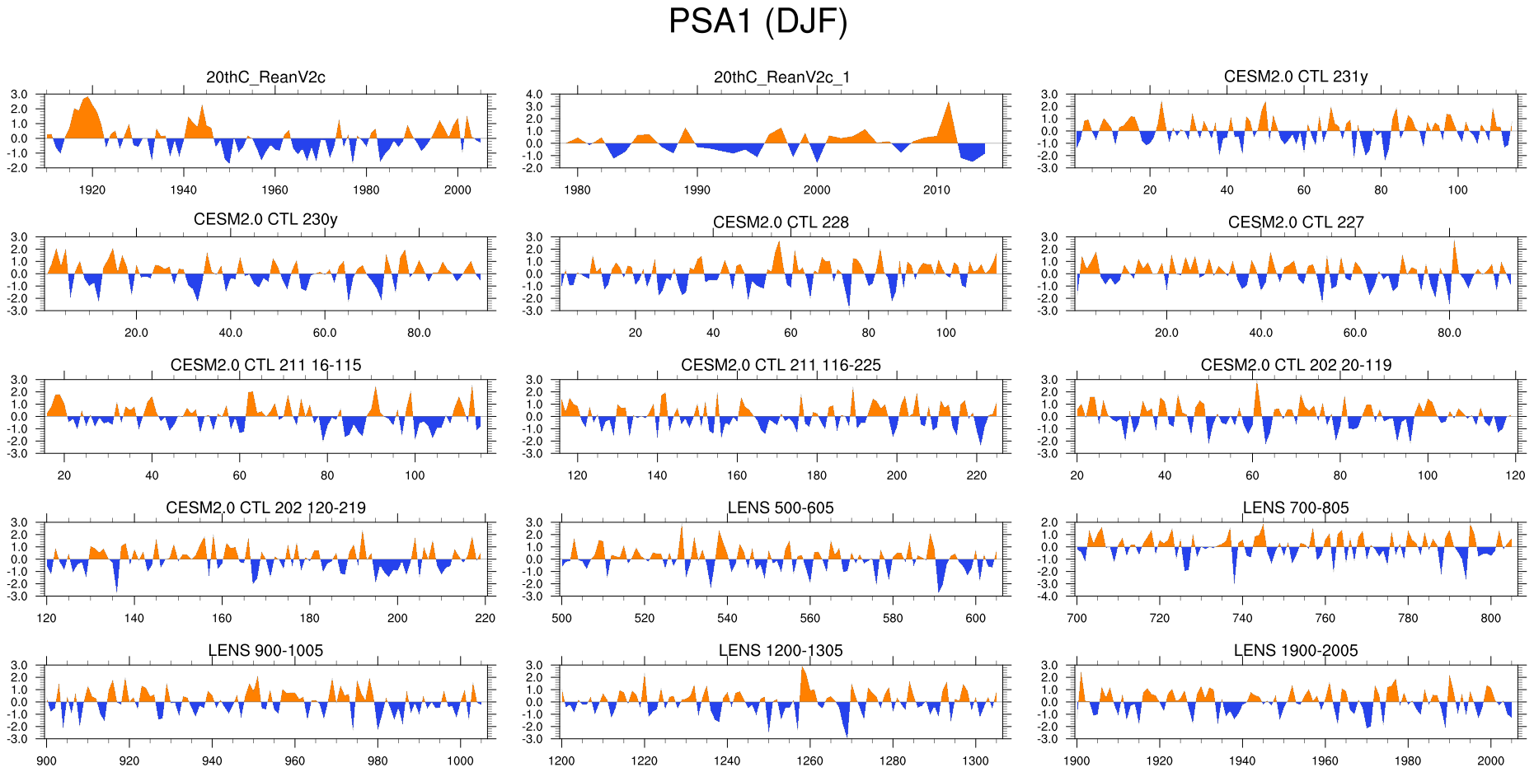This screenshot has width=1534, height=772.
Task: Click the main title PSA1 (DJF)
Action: tap(758, 21)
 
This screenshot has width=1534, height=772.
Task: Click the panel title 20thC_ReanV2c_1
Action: tap(781, 77)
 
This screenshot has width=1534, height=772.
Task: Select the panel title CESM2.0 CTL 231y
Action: tap(1295, 77)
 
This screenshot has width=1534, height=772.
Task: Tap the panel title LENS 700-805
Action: tap(1295, 508)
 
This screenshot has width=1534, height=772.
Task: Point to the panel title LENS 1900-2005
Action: tap(1295, 650)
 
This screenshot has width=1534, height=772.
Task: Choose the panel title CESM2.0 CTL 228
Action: tap(781, 222)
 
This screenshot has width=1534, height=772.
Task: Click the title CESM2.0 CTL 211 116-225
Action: tap(781, 365)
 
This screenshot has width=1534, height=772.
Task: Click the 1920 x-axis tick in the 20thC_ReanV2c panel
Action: tap(92, 189)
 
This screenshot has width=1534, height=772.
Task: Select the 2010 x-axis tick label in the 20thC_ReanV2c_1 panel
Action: tap(936, 189)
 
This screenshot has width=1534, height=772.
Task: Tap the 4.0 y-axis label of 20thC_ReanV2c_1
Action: tap(535, 95)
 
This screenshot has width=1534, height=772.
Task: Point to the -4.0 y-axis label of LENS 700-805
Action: tap(1048, 597)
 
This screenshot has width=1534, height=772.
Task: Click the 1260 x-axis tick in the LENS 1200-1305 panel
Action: tap(809, 760)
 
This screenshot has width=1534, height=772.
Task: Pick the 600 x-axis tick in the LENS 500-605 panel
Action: tap(975, 618)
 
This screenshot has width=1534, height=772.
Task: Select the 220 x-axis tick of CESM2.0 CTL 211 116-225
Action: tap(976, 475)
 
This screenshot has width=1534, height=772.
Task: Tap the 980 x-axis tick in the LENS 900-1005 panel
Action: tap(378, 760)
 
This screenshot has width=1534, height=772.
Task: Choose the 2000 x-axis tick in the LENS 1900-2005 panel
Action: tap(1490, 760)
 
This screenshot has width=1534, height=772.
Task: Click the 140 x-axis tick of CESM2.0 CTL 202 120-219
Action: tap(134, 618)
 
